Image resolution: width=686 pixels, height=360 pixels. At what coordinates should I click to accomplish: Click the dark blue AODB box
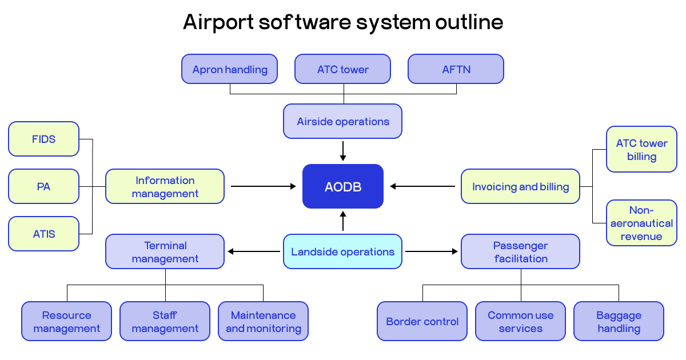pyautogui.click(x=343, y=186)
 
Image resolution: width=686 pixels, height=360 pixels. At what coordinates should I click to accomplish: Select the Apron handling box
pyautogui.click(x=230, y=69)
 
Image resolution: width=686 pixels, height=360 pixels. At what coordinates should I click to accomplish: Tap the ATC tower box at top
pyautogui.click(x=343, y=69)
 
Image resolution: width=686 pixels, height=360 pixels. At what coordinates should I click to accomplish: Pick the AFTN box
pyautogui.click(x=456, y=69)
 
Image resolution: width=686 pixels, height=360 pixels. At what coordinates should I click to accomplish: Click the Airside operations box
pyautogui.click(x=343, y=121)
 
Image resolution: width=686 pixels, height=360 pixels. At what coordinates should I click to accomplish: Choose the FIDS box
pyautogui.click(x=44, y=139)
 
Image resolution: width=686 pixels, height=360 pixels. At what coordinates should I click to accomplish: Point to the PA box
pyautogui.click(x=44, y=186)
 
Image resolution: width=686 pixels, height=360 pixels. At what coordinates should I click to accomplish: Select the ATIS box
pyautogui.click(x=44, y=234)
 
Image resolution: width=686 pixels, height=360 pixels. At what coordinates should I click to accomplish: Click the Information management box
pyautogui.click(x=165, y=186)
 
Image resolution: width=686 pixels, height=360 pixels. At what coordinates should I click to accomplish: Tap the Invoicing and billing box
pyautogui.click(x=520, y=186)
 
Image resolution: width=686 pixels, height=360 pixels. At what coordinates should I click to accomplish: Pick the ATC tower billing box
pyautogui.click(x=641, y=150)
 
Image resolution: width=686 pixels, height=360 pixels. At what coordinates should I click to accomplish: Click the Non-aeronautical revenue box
pyautogui.click(x=641, y=223)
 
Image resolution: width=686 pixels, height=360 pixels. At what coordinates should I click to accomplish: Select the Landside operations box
pyautogui.click(x=343, y=251)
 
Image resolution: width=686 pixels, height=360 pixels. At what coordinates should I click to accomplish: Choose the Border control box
pyautogui.click(x=422, y=321)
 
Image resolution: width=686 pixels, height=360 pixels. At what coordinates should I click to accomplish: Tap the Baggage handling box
pyautogui.click(x=619, y=321)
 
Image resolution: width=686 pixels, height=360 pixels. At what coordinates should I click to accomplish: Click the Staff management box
pyautogui.click(x=165, y=321)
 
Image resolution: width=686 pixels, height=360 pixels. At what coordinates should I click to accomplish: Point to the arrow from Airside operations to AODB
pyautogui.click(x=343, y=151)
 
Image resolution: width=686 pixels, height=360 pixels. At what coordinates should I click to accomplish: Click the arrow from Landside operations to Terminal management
pyautogui.click(x=254, y=251)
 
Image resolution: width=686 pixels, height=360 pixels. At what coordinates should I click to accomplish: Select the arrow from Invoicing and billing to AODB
pyautogui.click(x=423, y=186)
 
